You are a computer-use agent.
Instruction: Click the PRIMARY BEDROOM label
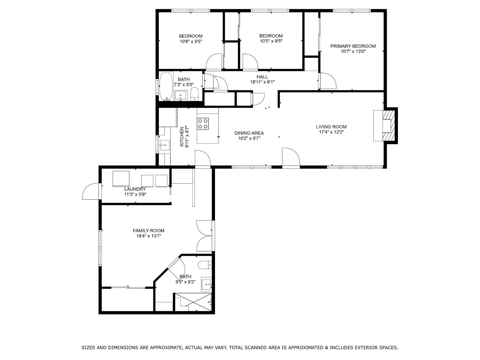353,46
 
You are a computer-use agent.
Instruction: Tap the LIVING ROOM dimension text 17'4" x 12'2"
331,132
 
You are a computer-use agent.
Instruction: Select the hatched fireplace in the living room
388,126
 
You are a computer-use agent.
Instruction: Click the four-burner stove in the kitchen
203,123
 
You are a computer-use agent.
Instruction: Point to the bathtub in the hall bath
166,86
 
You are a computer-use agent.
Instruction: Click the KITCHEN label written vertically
182,137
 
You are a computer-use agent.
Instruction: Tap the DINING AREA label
249,133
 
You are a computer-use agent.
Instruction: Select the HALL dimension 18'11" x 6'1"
262,82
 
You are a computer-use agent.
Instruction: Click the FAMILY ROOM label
148,231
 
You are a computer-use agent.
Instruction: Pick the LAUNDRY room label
135,189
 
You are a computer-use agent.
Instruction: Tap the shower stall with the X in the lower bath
193,302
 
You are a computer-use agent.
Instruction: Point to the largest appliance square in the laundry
121,179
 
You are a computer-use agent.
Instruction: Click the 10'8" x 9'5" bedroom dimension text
191,42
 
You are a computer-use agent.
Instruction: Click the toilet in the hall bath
195,95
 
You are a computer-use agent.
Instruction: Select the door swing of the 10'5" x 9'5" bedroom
250,61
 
